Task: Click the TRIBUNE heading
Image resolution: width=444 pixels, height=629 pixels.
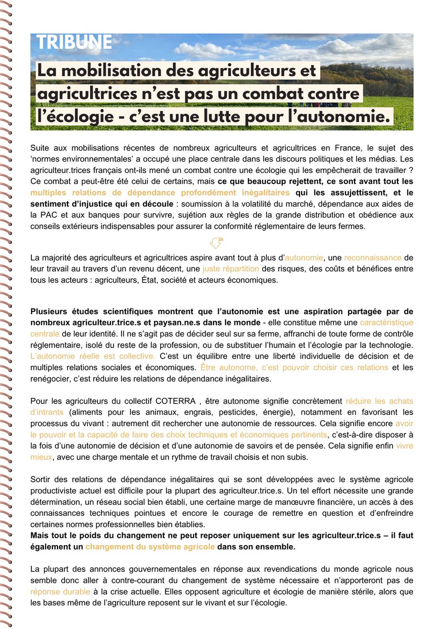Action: pyautogui.click(x=74, y=43)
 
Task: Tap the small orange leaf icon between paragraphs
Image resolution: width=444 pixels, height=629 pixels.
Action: pyautogui.click(x=216, y=242)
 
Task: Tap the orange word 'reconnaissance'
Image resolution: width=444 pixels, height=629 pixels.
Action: pyautogui.click(x=373, y=257)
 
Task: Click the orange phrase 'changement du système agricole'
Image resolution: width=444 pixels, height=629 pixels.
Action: pyautogui.click(x=150, y=547)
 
